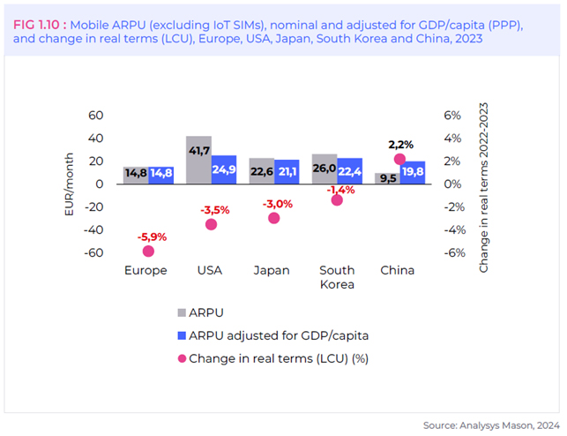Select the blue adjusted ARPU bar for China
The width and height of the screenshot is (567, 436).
(413, 173)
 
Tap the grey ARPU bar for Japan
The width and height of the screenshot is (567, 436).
(261, 171)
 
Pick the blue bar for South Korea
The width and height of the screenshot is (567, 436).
(350, 171)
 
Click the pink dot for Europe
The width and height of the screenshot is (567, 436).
(148, 252)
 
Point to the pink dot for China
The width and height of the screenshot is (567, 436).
(399, 160)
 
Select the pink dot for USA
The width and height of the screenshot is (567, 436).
(211, 224)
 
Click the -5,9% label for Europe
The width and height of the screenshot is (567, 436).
(151, 237)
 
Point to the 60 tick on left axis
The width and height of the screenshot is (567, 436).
(95, 116)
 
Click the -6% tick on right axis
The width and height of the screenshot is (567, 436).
(452, 253)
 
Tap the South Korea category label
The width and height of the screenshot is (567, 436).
(336, 277)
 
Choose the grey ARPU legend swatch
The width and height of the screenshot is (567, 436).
(182, 312)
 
